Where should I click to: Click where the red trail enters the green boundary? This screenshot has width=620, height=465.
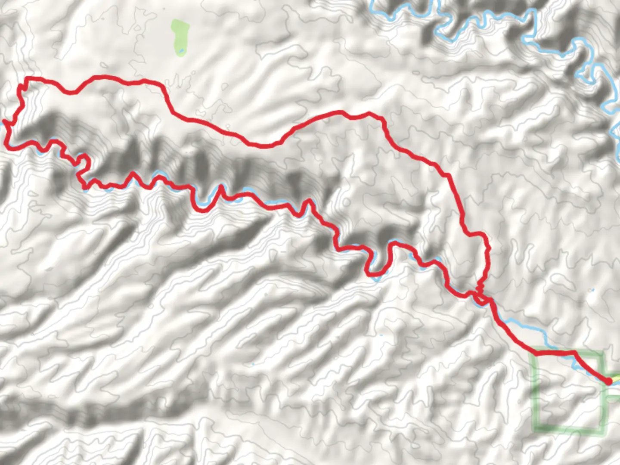(x=536, y=353)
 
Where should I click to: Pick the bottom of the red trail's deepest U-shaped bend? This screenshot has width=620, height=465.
(x=373, y=273)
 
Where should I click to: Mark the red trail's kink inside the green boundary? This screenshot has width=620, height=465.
(x=574, y=353)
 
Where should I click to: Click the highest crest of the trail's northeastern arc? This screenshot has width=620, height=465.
(x=342, y=112)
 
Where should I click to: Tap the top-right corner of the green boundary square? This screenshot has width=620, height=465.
(x=601, y=353)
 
